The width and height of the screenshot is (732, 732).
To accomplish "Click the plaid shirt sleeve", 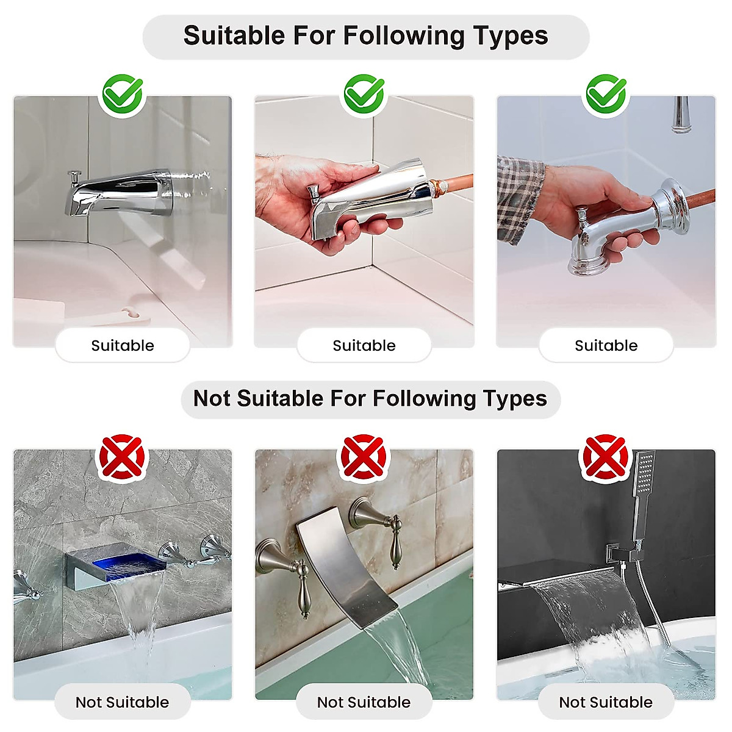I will [x=518, y=195].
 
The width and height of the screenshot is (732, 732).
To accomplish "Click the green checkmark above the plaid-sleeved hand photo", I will [x=606, y=95].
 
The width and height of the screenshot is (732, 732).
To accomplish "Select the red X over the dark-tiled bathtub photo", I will [x=606, y=456].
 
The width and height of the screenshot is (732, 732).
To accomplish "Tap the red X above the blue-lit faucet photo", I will [x=123, y=456].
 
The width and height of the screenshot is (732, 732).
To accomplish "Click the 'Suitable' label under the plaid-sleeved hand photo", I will [x=606, y=346].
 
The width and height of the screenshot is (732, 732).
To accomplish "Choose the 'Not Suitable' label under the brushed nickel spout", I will [x=364, y=703].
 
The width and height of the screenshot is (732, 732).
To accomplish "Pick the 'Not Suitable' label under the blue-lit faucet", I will [x=123, y=703].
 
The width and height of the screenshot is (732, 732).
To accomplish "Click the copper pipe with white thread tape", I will [x=454, y=183].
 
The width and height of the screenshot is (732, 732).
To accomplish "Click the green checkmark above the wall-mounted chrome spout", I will [x=123, y=95].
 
